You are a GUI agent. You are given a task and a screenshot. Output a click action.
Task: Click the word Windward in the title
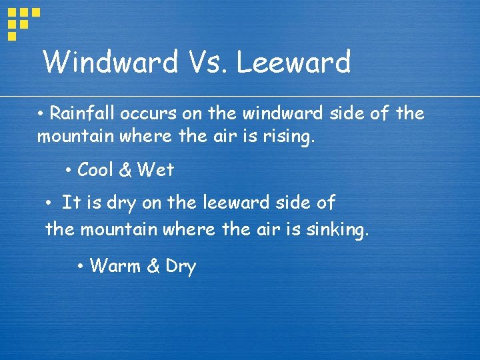[111, 63]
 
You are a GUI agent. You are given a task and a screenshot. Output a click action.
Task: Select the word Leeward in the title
[293, 63]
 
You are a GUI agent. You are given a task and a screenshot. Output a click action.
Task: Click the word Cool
[95, 170]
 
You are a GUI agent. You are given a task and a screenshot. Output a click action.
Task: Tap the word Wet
[155, 170]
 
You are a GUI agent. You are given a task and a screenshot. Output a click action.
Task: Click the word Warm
[115, 267]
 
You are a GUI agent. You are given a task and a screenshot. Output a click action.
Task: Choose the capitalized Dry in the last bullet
[180, 267]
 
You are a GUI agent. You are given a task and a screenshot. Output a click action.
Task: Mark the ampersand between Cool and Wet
[125, 170]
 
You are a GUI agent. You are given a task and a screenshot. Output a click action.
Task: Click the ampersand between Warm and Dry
[153, 267]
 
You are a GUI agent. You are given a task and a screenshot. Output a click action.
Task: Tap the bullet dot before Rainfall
[41, 114]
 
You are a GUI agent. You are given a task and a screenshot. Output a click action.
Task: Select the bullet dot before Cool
[69, 171]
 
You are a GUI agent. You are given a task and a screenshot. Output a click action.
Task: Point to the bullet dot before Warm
[79, 267]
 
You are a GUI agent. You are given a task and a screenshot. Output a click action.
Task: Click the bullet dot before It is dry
[49, 202]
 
